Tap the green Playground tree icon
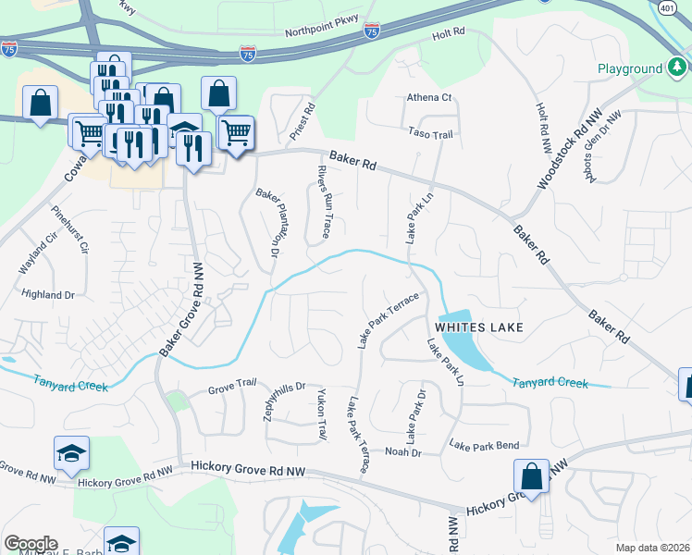[x=677, y=68]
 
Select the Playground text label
[x=629, y=68]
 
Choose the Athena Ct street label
[x=429, y=97]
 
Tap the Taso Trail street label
[x=431, y=134]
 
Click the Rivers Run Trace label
[x=324, y=202]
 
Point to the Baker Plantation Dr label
[x=267, y=223]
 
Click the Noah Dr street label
[x=402, y=452]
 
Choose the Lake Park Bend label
[x=484, y=445]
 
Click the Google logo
[x=30, y=544]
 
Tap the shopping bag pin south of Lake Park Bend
[x=531, y=477]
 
